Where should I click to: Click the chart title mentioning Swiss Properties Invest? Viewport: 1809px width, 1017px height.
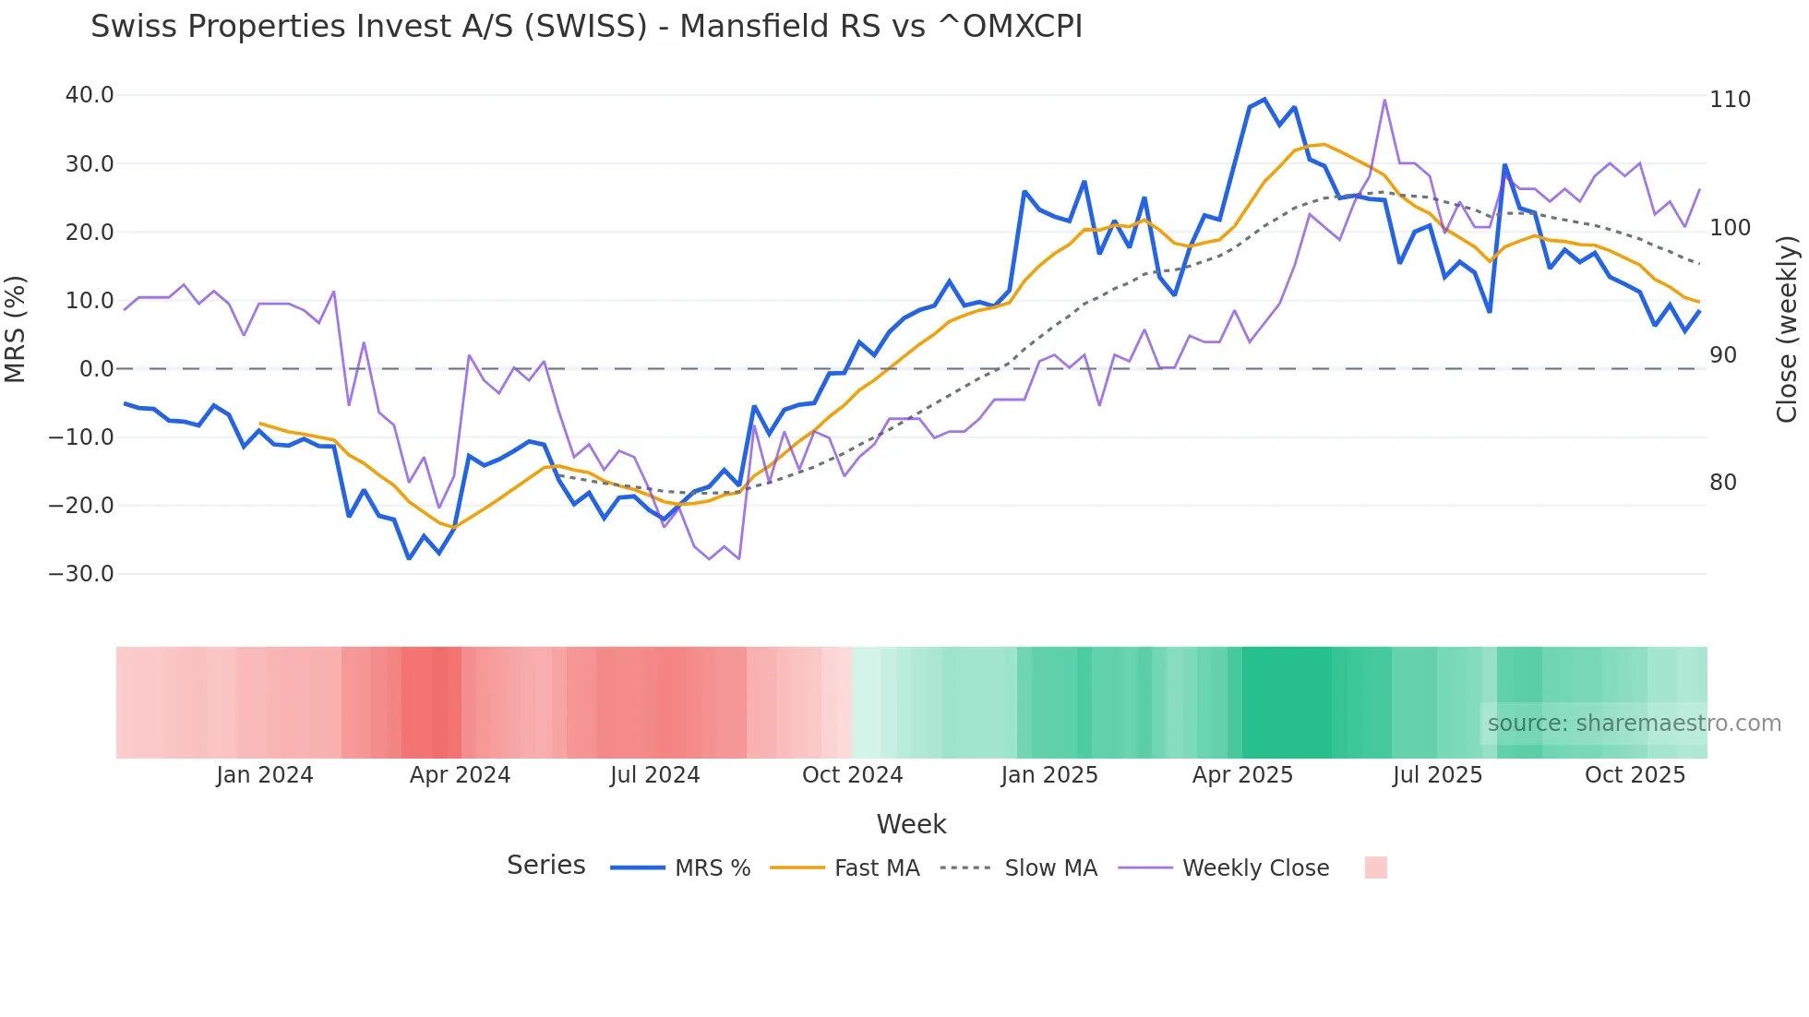point(586,26)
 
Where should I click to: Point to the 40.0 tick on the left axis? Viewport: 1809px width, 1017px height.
point(90,95)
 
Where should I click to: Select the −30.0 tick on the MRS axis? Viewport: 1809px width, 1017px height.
point(81,573)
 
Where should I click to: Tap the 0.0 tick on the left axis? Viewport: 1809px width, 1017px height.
point(96,369)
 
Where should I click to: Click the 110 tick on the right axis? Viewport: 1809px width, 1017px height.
point(1730,100)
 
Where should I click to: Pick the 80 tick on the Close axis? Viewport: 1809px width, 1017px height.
point(1723,483)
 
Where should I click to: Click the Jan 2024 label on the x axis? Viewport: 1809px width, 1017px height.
point(265,775)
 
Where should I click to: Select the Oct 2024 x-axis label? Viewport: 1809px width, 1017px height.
point(852,775)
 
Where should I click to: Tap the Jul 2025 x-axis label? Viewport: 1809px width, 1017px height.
point(1437,775)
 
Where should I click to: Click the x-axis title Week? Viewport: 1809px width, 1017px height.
point(911,824)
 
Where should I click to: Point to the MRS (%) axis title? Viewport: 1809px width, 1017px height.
point(16,329)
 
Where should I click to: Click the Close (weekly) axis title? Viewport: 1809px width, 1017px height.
point(1788,329)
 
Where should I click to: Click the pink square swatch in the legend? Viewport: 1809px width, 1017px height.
point(1375,867)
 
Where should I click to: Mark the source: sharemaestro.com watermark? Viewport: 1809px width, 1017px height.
point(1634,724)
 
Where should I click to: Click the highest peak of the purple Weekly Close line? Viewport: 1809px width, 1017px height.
point(1384,100)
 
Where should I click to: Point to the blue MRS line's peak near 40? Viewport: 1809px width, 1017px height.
point(1264,100)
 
